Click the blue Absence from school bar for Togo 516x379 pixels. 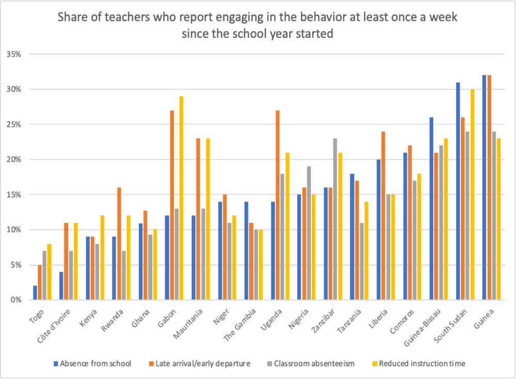pos(35,293)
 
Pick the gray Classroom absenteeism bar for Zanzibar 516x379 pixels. pos(334,219)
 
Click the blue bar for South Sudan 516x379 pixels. pos(458,191)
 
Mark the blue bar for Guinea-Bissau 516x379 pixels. pos(431,209)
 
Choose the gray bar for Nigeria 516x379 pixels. pos(308,233)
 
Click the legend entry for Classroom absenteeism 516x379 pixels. pos(321,364)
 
